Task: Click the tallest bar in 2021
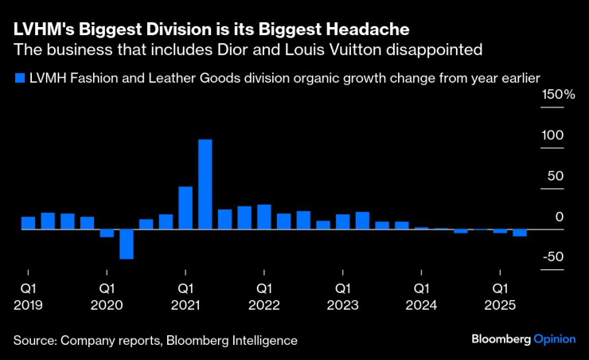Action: tap(205, 184)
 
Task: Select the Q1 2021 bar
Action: tap(185, 208)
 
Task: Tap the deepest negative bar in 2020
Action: tap(127, 244)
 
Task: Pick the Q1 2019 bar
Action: tap(28, 223)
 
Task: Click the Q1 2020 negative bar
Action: tap(107, 233)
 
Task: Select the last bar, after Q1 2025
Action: tap(520, 233)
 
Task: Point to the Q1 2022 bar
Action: tap(264, 217)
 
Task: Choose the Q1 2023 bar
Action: tap(343, 221)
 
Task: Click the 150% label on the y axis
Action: tap(559, 95)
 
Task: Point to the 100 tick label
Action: tap(552, 135)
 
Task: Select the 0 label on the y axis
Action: tap(560, 217)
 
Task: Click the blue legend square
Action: tap(18, 77)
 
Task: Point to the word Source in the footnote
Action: tap(35, 340)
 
